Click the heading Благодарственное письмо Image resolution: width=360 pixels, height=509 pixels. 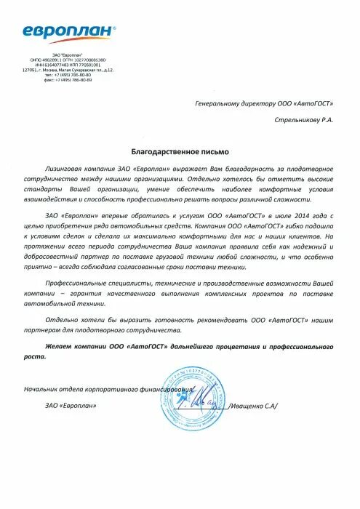coord(180,151)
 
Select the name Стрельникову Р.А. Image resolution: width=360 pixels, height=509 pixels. coord(303,120)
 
